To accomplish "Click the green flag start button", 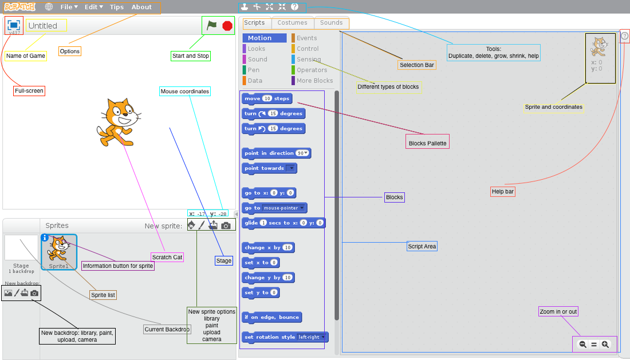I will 212,25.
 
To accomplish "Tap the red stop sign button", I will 227,26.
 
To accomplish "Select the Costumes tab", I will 293,23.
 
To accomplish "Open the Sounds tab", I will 331,23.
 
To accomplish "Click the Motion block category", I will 264,38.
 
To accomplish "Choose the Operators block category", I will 312,70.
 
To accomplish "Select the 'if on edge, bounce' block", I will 271,317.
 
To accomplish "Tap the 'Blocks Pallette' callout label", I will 427,143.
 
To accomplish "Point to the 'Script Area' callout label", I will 422,247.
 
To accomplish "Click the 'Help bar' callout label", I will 503,192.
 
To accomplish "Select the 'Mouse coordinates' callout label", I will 184,92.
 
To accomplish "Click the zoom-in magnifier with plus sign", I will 605,345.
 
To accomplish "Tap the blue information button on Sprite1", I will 45,238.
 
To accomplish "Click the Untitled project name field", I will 46,26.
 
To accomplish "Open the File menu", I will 68,7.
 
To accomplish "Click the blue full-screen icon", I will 14,25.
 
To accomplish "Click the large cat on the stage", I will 117,121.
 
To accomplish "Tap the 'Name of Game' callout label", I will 26,56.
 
